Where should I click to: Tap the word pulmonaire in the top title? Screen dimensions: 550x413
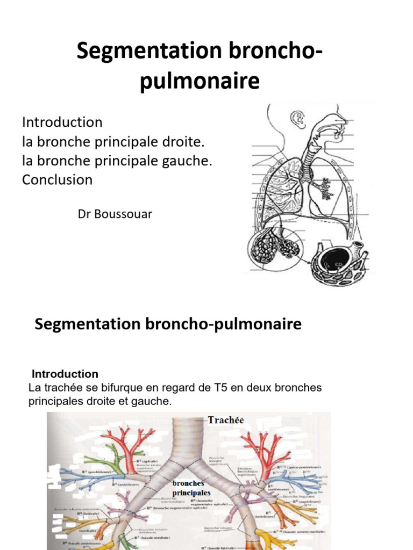200,82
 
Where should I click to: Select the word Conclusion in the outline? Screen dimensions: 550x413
57,179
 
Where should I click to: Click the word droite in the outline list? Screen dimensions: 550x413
183,142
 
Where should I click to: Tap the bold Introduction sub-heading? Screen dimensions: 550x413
65,374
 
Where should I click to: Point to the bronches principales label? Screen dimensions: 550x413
191,488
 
